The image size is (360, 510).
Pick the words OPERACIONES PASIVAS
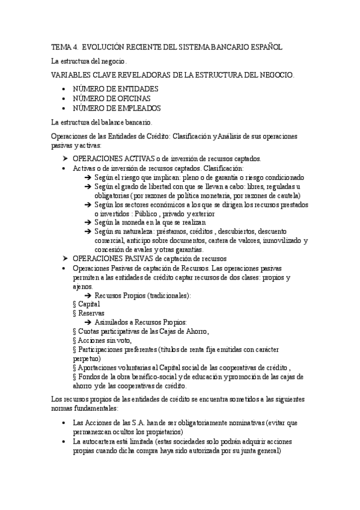coord(112,258)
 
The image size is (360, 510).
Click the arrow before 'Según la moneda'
coord(88,222)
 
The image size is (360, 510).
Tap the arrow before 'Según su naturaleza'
coord(88,231)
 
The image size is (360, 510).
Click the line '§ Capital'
coord(86,304)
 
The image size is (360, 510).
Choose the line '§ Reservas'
coord(88,313)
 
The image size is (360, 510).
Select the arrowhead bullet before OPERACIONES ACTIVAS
coord(66,159)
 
